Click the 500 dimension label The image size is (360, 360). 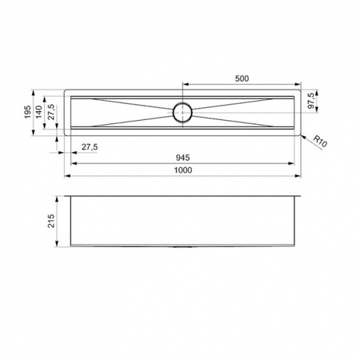click(x=242, y=78)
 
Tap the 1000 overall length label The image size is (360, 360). click(x=183, y=170)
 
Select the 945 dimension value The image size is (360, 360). click(x=183, y=158)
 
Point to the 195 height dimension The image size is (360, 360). click(x=27, y=112)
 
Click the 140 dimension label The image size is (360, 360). click(x=39, y=112)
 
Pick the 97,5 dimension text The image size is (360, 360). click(x=310, y=101)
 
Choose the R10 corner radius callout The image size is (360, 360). click(x=320, y=142)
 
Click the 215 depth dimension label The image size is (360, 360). click(x=50, y=221)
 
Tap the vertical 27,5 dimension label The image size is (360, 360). click(x=51, y=112)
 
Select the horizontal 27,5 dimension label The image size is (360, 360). click(x=90, y=147)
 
